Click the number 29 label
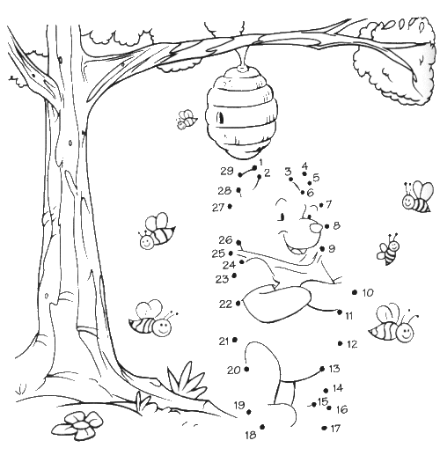[226, 171]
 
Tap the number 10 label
[367, 292]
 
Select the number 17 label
[334, 429]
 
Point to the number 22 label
[225, 304]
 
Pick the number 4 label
[304, 165]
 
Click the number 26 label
[225, 240]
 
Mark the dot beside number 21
[237, 340]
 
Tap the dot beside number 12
[338, 344]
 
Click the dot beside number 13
[322, 369]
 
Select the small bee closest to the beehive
[186, 119]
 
